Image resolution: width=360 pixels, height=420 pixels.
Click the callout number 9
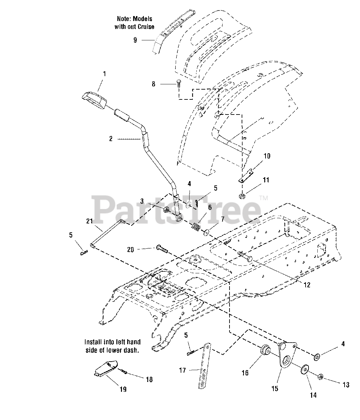click(135, 40)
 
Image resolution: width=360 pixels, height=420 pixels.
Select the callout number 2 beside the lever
click(111, 139)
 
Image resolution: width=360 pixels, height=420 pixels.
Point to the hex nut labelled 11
click(242, 196)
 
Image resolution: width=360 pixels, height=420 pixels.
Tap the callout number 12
click(307, 285)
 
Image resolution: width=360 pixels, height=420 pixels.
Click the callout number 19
click(123, 389)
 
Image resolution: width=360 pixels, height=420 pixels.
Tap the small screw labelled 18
click(123, 371)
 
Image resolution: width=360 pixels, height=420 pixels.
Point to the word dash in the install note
click(131, 350)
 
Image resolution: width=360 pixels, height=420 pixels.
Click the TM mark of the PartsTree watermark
click(263, 198)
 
